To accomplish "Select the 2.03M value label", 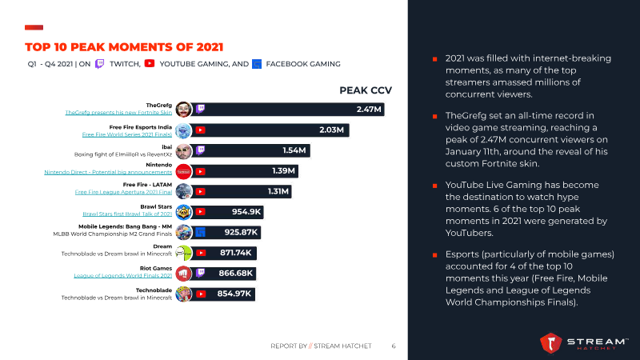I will (331, 129).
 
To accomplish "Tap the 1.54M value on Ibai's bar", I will (294, 150).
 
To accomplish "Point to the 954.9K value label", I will (247, 212).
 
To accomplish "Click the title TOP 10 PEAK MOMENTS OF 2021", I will (124, 46).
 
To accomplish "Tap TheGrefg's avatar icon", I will (183, 109).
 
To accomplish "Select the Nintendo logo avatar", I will (183, 170).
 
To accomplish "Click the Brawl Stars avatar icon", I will (183, 212).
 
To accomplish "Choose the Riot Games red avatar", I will (183, 274).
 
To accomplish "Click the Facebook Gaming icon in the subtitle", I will (256, 63).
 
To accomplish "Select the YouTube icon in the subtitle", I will (150, 63).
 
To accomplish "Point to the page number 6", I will (394, 346).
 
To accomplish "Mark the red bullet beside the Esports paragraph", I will (434, 254).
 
